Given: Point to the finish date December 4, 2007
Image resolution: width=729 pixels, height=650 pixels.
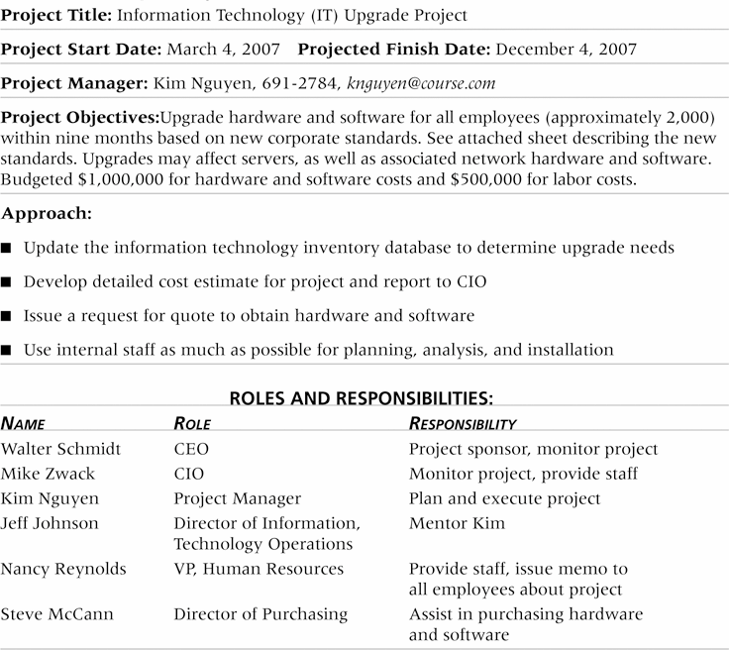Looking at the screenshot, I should (565, 49).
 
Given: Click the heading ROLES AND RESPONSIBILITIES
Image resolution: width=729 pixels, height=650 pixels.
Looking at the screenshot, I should (362, 399).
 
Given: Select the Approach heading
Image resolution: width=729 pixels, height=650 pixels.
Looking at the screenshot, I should (48, 213).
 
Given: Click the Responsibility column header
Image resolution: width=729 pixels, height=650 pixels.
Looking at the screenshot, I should (463, 423).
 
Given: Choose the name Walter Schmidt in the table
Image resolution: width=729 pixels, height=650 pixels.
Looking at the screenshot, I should (60, 449).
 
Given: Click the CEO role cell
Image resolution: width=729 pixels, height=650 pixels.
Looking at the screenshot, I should (191, 449).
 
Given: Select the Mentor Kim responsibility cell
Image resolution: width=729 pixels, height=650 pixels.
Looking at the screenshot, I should (457, 523).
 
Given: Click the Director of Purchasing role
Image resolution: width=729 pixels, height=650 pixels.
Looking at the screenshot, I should (260, 614).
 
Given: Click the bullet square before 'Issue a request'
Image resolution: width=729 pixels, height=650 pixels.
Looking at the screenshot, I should (9, 316).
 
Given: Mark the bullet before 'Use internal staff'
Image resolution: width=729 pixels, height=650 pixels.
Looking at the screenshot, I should (9, 350).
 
